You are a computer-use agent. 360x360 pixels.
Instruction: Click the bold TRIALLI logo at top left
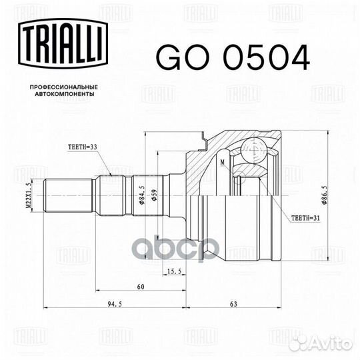coord(63,43)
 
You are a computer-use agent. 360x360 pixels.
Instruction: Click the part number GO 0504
coord(233,57)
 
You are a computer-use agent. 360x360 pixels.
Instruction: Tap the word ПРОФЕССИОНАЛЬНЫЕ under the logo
coord(64,87)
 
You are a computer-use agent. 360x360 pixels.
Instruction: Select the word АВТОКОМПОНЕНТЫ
coord(64,94)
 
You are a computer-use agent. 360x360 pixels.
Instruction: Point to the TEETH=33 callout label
coord(83,147)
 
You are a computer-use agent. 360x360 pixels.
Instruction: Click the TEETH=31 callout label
coord(305,218)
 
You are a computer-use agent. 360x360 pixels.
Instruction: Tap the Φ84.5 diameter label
coord(141,195)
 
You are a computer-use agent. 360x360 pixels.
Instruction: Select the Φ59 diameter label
coord(154,195)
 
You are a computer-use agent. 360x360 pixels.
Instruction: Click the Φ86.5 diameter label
coord(324,195)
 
